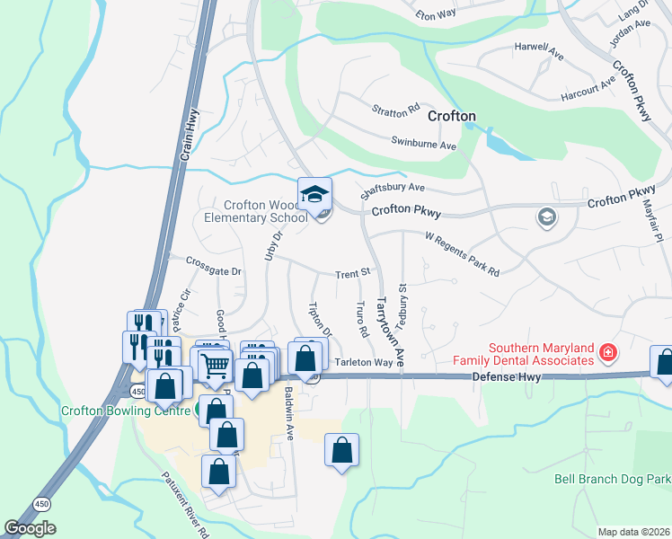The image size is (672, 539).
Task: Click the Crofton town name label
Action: [x=451, y=116]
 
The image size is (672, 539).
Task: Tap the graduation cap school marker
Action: [x=315, y=194]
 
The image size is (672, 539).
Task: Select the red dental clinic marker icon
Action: [x=609, y=353]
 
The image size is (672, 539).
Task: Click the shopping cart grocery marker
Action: [x=216, y=366]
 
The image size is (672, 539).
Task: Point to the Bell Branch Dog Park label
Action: [x=612, y=481]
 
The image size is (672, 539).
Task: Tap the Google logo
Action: [x=30, y=528]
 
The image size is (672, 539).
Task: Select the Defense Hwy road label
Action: [x=508, y=377]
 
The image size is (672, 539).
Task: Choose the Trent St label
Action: [x=353, y=273]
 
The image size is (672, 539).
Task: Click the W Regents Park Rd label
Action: [x=462, y=254]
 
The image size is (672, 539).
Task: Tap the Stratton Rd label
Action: [x=396, y=110]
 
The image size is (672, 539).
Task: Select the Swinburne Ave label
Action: [x=424, y=143]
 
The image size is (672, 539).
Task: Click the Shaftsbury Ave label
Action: [x=392, y=188]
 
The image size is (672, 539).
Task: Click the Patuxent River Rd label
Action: [x=185, y=506]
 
